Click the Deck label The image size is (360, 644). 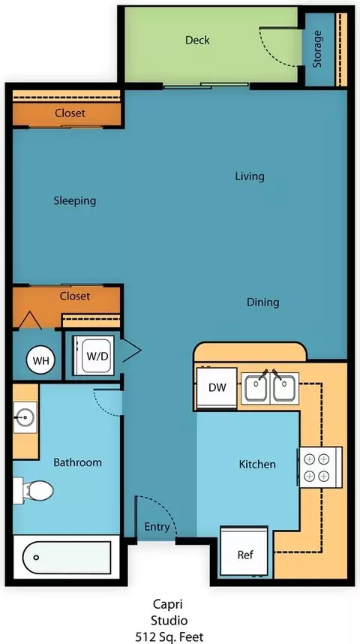[197, 40]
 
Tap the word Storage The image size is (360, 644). [317, 50]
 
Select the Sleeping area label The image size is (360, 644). [75, 201]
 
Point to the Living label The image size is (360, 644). [250, 176]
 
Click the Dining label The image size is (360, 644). [262, 302]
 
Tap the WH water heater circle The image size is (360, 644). [40, 361]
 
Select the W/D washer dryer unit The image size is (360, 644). [94, 355]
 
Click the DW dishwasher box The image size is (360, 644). [217, 388]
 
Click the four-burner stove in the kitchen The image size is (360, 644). [320, 467]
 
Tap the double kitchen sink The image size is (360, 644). [270, 388]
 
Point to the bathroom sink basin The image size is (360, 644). [25, 417]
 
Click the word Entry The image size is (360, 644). [157, 527]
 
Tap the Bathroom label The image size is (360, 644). [77, 462]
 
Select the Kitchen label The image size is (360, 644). [257, 465]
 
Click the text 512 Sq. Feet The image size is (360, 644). [169, 637]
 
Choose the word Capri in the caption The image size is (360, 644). [168, 605]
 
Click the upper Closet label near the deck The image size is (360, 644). [70, 113]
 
